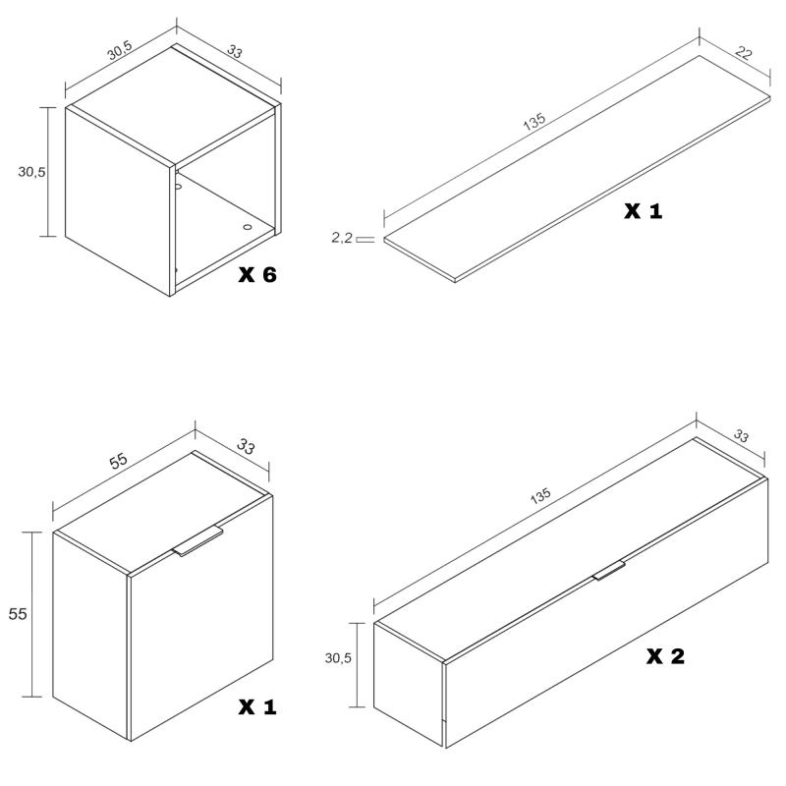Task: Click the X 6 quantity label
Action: click(257, 275)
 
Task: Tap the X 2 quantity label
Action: click(665, 656)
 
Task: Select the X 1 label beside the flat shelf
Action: click(644, 211)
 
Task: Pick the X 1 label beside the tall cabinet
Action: click(257, 706)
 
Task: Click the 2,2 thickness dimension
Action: click(342, 238)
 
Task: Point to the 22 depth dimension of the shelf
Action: click(744, 53)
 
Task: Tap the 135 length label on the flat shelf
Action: click(534, 121)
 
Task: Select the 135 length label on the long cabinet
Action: click(540, 496)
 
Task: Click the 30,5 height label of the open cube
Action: click(31, 172)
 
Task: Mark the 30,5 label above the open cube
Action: click(120, 50)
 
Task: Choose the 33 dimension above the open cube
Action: click(235, 51)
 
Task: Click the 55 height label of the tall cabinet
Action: click(18, 613)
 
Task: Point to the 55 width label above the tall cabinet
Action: click(118, 461)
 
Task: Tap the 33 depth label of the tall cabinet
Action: click(246, 446)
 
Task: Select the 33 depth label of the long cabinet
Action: click(741, 435)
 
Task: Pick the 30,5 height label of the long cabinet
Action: click(338, 657)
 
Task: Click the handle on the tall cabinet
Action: click(198, 541)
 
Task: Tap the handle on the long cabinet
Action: click(609, 570)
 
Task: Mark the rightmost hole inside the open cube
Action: click(248, 227)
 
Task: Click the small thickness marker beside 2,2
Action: click(365, 239)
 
